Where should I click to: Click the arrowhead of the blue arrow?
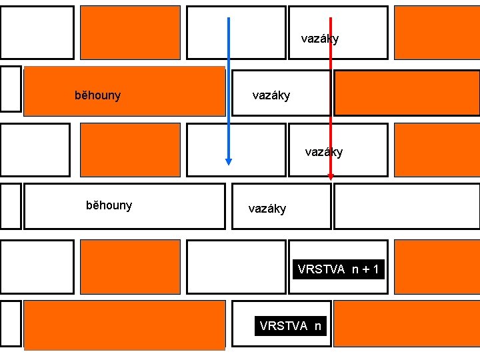coord(229,161)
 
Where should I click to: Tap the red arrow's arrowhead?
coord(331,177)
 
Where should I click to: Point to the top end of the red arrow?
coord(331,19)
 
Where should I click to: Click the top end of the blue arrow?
coord(229,19)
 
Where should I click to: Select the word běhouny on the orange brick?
coord(97,95)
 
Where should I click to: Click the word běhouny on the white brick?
coord(109,205)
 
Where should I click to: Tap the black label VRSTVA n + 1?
coord(339,269)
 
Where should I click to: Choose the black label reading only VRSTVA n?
coord(291,326)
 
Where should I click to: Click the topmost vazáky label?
coord(320,39)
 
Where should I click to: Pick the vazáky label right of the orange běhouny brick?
coord(271,95)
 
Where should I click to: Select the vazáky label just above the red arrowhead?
coord(324,152)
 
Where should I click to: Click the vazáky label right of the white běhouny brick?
coord(267,209)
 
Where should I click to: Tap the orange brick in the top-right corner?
coord(437,33)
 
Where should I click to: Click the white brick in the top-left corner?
coord(37,33)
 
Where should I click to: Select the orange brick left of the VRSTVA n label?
coord(125,324)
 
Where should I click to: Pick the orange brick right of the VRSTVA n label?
coord(406,323)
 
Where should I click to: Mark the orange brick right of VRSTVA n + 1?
coord(437,267)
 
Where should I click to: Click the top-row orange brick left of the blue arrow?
coord(130,33)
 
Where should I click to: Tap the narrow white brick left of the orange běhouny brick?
coord(11,89)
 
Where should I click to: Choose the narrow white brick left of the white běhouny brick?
coord(11,206)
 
